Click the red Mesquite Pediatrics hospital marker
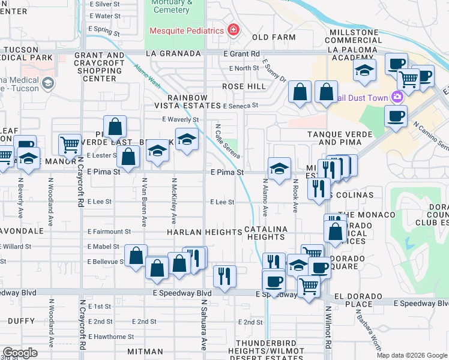tap(232, 30)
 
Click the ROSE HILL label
tap(244, 86)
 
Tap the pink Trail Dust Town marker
tap(397, 97)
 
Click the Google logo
tap(20, 352)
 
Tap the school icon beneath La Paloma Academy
tap(364, 71)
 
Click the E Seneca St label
tap(240, 106)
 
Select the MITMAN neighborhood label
tap(145, 351)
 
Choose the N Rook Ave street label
tap(295, 196)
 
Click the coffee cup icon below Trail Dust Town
tap(396, 116)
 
